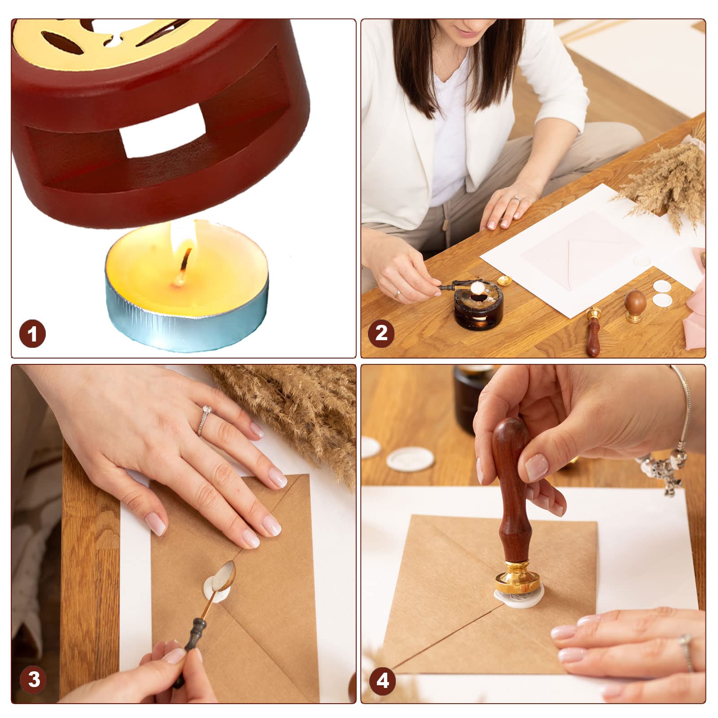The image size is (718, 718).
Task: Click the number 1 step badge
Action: pyautogui.click(x=32, y=334)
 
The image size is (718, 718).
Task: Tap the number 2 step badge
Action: pyautogui.click(x=381, y=333)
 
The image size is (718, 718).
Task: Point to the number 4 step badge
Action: pyautogui.click(x=382, y=680)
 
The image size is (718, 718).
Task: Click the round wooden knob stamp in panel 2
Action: pyautogui.click(x=635, y=306)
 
